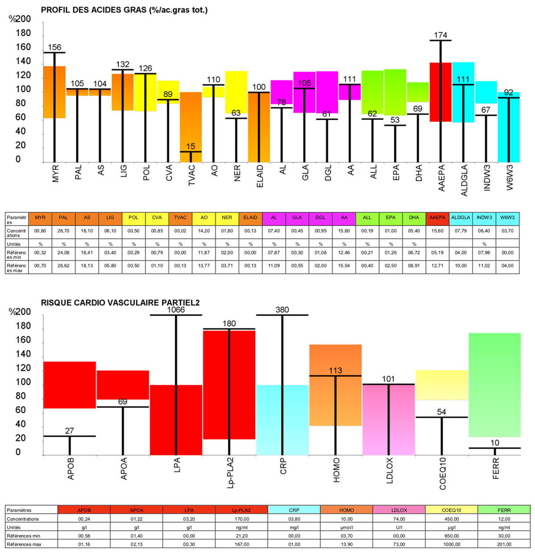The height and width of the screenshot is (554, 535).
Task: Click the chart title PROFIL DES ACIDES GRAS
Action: (124, 10)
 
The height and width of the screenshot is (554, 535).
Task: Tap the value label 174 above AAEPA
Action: (440, 35)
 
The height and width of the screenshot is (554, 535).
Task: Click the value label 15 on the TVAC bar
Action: (190, 147)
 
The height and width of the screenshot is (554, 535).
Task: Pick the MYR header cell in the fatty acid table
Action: (40, 218)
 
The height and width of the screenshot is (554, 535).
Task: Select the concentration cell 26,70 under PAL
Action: (63, 231)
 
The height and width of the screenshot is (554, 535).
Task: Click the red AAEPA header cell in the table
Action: (437, 218)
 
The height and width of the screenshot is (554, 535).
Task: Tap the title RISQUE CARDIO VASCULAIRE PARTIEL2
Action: (120, 303)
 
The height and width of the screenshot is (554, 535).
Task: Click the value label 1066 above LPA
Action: (176, 310)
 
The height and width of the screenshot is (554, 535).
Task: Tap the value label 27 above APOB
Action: (70, 431)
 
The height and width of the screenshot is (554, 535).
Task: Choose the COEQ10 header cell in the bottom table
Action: (451, 510)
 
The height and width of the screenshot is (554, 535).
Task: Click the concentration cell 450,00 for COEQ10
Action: (451, 519)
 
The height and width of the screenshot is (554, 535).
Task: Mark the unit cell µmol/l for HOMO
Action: (346, 527)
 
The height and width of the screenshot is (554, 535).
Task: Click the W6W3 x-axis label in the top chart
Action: (510, 177)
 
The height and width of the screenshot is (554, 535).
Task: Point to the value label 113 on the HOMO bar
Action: (335, 371)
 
